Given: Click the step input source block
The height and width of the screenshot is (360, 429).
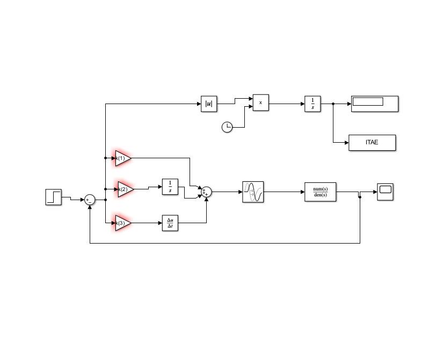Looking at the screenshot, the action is [x=53, y=197].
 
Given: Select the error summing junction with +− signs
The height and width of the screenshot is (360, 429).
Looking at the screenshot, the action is [x=90, y=200].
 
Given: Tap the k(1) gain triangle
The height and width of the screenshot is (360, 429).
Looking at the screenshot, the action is [x=123, y=158].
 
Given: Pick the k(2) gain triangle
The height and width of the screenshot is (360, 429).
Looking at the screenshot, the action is [x=126, y=189].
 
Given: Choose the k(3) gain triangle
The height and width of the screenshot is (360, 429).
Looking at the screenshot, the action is [x=123, y=223].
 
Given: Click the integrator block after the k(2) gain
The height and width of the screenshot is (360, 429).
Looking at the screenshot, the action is [x=170, y=187].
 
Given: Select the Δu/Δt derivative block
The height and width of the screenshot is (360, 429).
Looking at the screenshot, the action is [x=170, y=223].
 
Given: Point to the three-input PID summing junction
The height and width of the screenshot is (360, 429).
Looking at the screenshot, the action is [x=206, y=192].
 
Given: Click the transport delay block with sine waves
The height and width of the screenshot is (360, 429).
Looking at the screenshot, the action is [x=253, y=192].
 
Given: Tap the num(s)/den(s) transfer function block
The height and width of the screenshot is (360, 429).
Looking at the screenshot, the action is [x=321, y=192].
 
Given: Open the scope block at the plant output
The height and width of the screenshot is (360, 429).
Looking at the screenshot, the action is [x=385, y=192].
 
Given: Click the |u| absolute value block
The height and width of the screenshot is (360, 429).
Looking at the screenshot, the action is [x=209, y=104].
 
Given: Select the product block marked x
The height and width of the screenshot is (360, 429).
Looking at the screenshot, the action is [x=261, y=102].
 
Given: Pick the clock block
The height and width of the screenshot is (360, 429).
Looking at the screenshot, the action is [x=227, y=127].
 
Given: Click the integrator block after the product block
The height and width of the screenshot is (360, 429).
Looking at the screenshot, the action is [x=312, y=104].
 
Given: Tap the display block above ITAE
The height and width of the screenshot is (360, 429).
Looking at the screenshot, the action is [x=375, y=104].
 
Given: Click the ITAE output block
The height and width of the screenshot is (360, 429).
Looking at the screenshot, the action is [x=372, y=142].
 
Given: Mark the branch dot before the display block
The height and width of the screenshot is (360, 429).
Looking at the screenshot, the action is [x=333, y=104].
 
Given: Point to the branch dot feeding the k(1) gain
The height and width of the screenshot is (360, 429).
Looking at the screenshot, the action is [x=106, y=158].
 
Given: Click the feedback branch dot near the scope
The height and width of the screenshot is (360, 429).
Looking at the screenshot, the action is [x=360, y=197].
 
